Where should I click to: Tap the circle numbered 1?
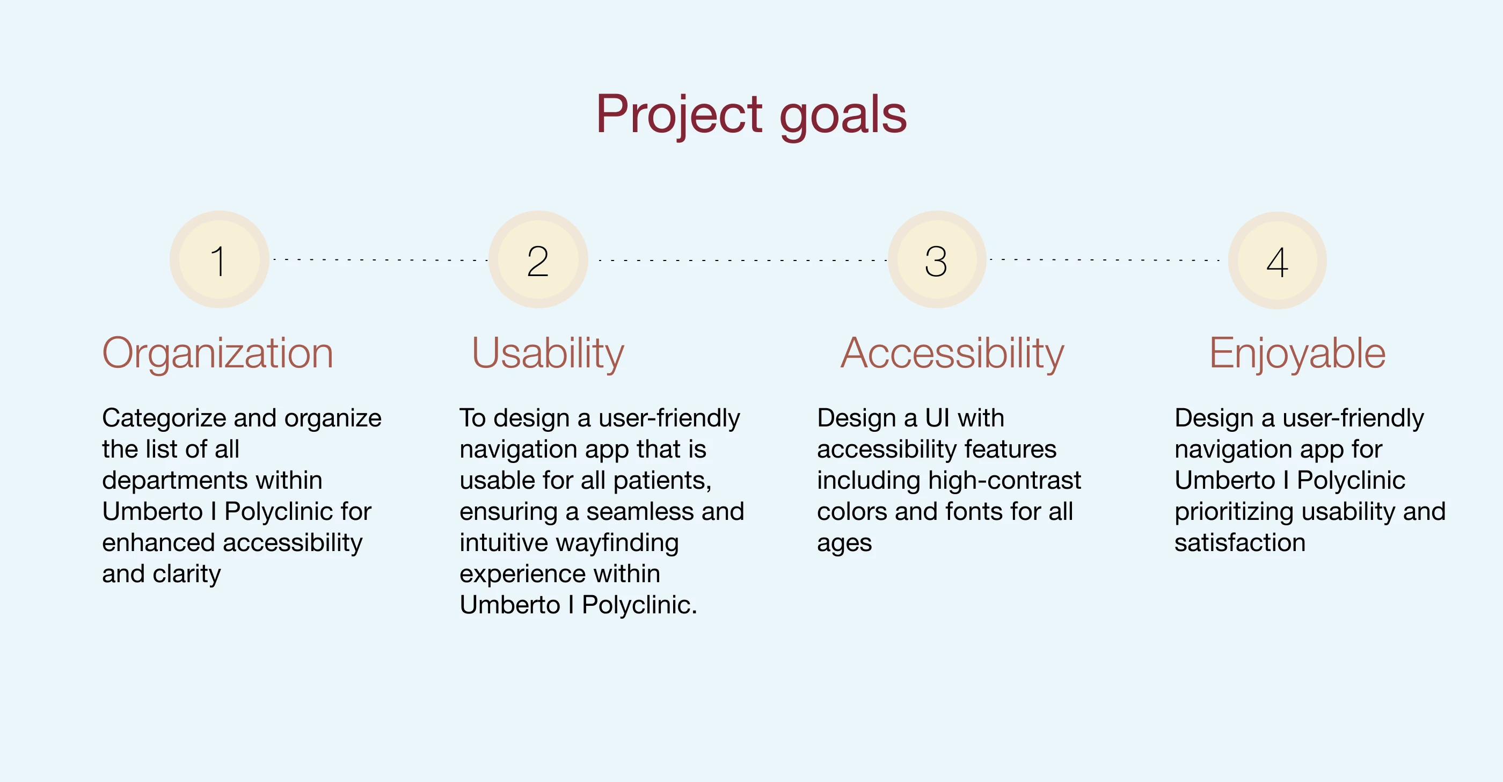[x=220, y=260]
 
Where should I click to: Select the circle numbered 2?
[x=538, y=260]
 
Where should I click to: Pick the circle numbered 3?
[x=937, y=260]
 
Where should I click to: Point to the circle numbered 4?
[x=1277, y=260]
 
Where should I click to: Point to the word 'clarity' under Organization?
[x=187, y=575]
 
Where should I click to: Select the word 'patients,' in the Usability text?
[x=662, y=481]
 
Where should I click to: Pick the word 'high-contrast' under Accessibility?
[x=1004, y=481]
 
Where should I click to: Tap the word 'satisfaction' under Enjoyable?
[x=1240, y=544]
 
